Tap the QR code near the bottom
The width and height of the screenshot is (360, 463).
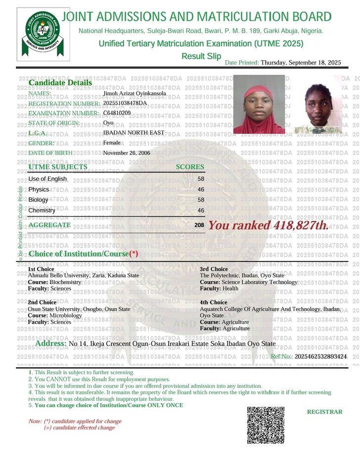(x=266, y=425)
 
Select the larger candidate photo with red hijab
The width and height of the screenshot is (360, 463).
(x=259, y=104)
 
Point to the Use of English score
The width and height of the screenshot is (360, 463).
(x=201, y=179)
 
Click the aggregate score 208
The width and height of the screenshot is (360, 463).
(x=199, y=225)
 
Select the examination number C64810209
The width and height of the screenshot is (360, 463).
(x=117, y=113)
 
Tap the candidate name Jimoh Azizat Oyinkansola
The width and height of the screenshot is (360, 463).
(x=135, y=93)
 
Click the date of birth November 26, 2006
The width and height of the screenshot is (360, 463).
(x=126, y=153)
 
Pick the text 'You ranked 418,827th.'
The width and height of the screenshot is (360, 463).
(x=268, y=226)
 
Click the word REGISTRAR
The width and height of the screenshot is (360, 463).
(x=324, y=412)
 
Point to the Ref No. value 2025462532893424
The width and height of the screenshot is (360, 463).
(x=321, y=356)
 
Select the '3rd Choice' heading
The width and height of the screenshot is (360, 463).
(x=214, y=269)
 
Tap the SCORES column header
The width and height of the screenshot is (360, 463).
(x=190, y=167)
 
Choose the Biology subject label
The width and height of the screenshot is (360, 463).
(x=39, y=200)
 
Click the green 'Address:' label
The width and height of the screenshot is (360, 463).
(x=51, y=343)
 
